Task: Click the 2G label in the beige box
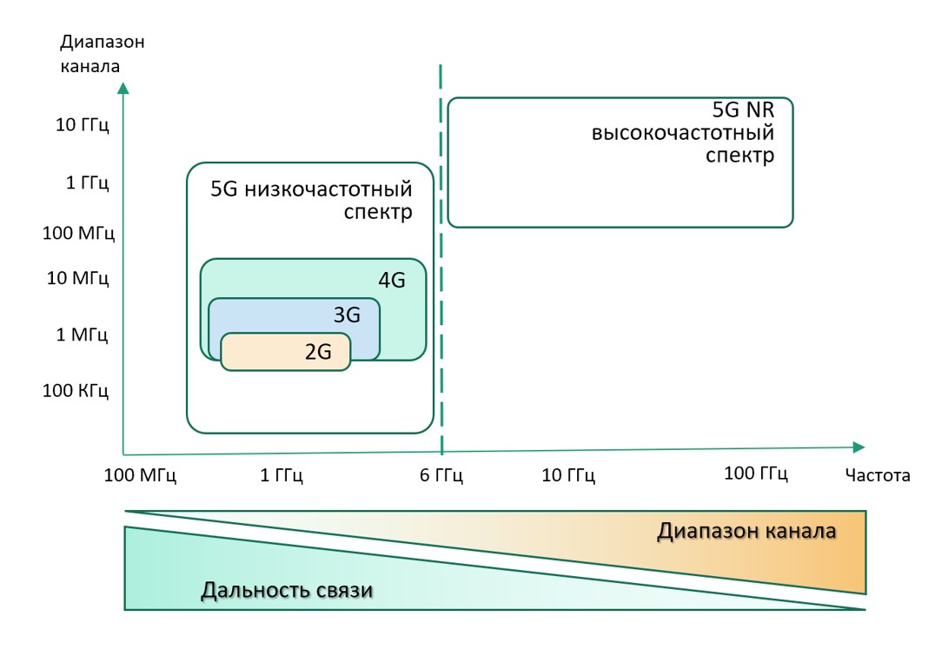pyautogui.click(x=319, y=353)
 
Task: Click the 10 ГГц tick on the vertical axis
pyautogui.click(x=82, y=125)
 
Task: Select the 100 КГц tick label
pyautogui.click(x=76, y=391)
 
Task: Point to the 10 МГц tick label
pyautogui.click(x=77, y=279)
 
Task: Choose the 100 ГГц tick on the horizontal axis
pyautogui.click(x=755, y=474)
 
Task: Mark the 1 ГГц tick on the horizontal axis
pyautogui.click(x=282, y=475)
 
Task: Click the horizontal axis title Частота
pyautogui.click(x=876, y=475)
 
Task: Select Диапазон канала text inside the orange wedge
pyautogui.click(x=746, y=530)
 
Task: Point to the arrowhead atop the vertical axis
pyautogui.click(x=123, y=87)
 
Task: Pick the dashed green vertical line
pyautogui.click(x=441, y=261)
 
